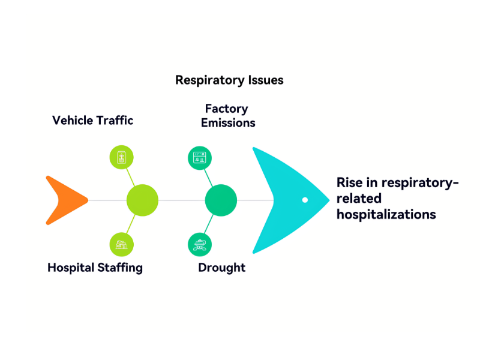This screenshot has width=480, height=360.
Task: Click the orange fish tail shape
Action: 63,200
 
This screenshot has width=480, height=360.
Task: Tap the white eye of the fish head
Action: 305,200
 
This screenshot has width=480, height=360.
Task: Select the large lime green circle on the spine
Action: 142,200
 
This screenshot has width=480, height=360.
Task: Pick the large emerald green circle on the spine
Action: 221,200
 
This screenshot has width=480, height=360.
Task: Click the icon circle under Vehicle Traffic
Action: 121,157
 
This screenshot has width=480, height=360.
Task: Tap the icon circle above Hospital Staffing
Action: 121,244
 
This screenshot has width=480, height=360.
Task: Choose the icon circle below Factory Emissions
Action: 199,158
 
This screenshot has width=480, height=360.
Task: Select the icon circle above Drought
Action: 199,244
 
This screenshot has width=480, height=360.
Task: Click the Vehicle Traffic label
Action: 92,120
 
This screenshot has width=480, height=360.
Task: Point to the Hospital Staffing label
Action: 95,268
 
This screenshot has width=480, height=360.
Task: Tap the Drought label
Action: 221,268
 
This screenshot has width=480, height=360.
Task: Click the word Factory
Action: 226,109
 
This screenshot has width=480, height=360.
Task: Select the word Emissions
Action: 228,123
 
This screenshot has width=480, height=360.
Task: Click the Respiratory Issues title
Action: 229,80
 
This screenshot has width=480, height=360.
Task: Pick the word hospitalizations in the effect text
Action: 386,214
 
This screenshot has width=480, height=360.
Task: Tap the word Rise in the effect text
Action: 349,182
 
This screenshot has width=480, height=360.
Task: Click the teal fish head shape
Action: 282,200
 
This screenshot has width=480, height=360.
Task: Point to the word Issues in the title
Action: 265,80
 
